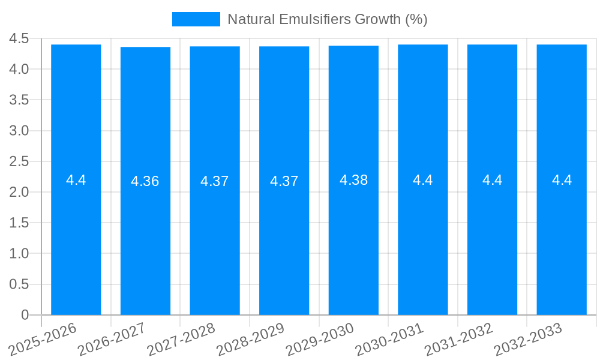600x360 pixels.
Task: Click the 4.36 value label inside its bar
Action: (145, 181)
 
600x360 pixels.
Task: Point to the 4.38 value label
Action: (353, 180)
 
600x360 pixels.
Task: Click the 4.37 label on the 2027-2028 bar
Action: (215, 181)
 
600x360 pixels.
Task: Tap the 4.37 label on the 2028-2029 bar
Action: (284, 181)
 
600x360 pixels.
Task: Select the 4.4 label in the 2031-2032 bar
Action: (492, 180)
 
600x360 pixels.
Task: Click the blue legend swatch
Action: (196, 19)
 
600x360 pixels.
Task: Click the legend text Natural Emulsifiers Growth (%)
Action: (327, 19)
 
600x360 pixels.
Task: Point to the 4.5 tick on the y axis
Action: (19, 38)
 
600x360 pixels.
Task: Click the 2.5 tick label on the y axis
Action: (19, 161)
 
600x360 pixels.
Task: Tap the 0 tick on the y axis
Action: (25, 315)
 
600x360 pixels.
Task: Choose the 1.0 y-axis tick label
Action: (19, 254)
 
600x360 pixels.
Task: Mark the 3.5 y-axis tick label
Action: (19, 100)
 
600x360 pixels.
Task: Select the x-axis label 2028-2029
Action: (251, 340)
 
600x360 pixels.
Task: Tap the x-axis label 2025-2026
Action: (43, 340)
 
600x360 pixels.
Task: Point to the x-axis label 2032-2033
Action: (528, 340)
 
